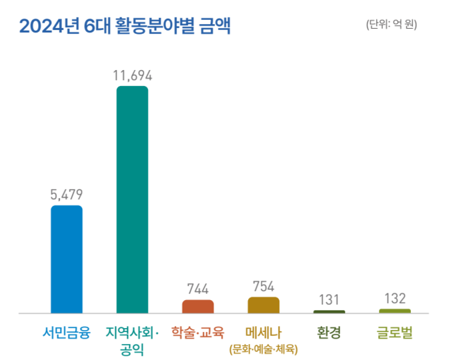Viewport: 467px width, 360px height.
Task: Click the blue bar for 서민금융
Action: click(x=67, y=259)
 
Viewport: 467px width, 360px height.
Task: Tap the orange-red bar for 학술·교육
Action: click(x=197, y=307)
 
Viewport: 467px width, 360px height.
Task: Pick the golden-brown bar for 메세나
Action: click(x=264, y=305)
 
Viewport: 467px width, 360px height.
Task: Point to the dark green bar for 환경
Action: click(x=329, y=311)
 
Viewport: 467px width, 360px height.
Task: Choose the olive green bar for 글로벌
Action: click(x=394, y=311)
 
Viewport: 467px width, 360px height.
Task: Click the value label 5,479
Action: click(x=67, y=195)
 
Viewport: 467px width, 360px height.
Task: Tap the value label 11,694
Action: click(x=132, y=75)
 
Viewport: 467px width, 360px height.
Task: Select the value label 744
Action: click(x=197, y=289)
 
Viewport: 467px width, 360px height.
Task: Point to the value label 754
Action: click(x=264, y=287)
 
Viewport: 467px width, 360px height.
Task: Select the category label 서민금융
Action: click(x=67, y=332)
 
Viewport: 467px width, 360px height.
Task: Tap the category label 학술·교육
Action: click(x=197, y=332)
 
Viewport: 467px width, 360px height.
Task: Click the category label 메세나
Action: click(x=263, y=332)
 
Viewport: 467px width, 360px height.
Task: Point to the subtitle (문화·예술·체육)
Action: click(x=263, y=349)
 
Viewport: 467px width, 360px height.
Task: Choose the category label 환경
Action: click(x=329, y=332)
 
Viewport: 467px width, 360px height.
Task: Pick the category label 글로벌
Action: click(x=394, y=332)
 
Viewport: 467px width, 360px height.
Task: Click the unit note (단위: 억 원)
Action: click(x=396, y=25)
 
